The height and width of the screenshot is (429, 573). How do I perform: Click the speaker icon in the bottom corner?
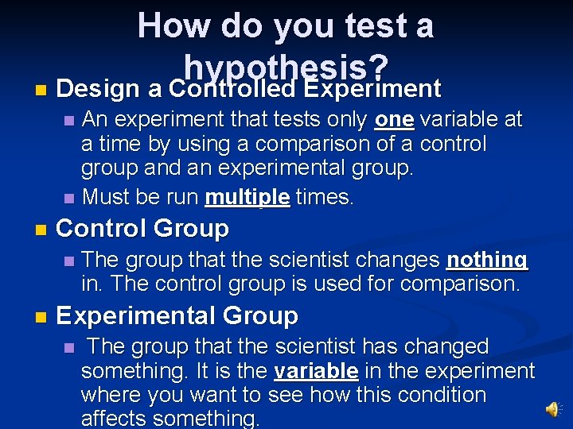click(x=552, y=408)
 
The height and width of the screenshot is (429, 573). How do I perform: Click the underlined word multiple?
click(x=247, y=196)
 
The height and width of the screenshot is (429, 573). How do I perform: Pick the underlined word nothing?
click(x=487, y=260)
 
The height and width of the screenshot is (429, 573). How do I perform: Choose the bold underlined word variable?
click(x=315, y=371)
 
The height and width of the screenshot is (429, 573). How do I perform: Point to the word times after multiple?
click(x=324, y=196)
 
